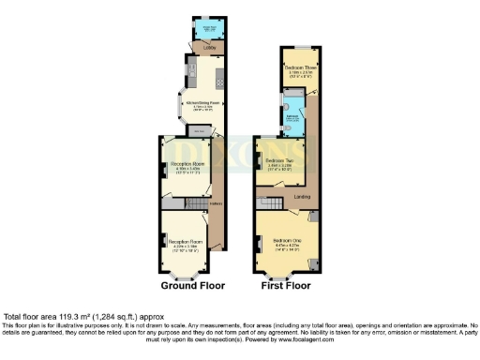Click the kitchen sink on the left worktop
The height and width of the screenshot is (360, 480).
coord(190,70)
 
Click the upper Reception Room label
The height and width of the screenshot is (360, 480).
coord(187,167)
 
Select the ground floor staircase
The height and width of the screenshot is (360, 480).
coord(175,202)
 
